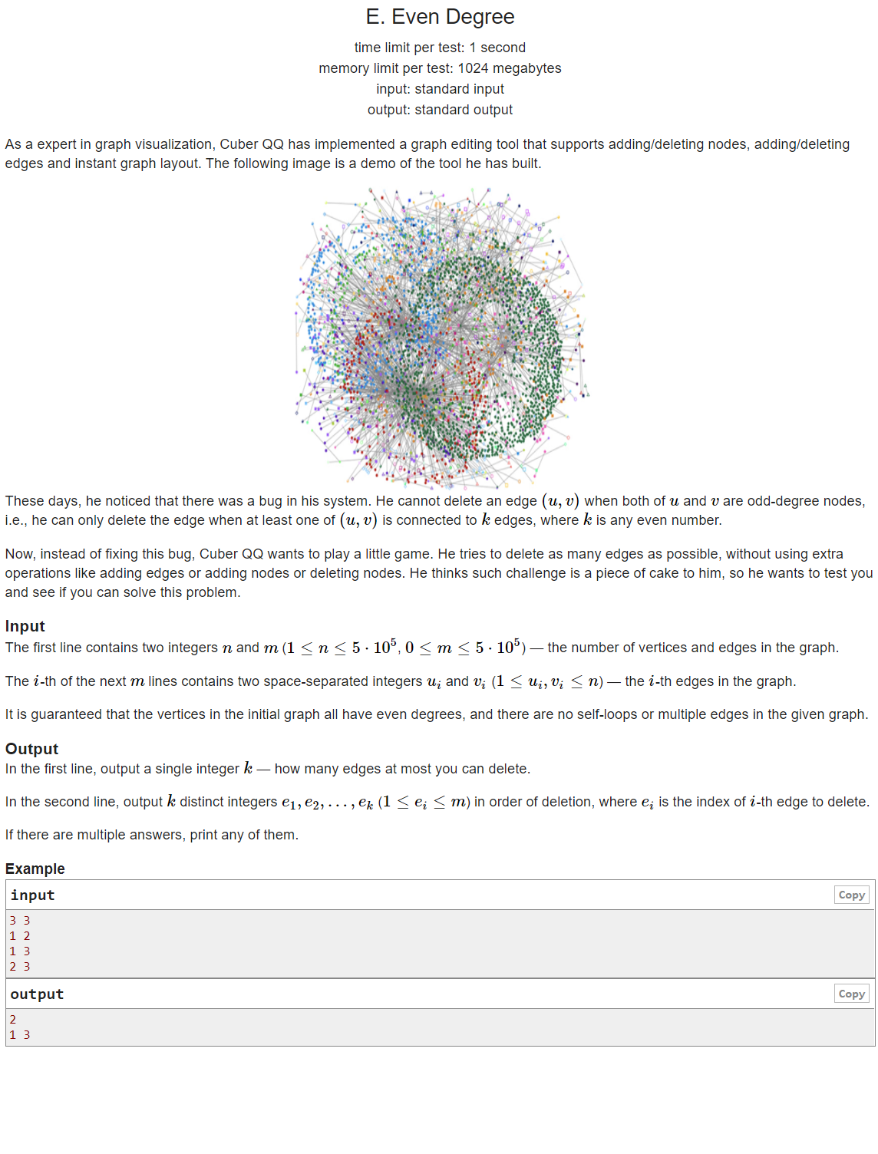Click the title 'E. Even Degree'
coord(440,17)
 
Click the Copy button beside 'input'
coord(851,895)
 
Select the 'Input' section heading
coord(25,626)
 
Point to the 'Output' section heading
coord(32,749)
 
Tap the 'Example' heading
coord(35,869)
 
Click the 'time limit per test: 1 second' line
coord(440,48)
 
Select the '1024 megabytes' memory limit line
coord(440,68)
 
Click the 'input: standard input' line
coord(440,89)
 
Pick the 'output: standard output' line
coord(440,110)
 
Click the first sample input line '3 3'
coord(20,921)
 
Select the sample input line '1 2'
coord(20,936)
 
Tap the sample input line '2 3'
coord(20,967)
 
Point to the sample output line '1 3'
coord(20,1035)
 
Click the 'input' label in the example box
coord(33,895)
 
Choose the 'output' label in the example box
coord(38,994)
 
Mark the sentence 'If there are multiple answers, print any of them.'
coord(152,835)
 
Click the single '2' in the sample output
coord(13,1020)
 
